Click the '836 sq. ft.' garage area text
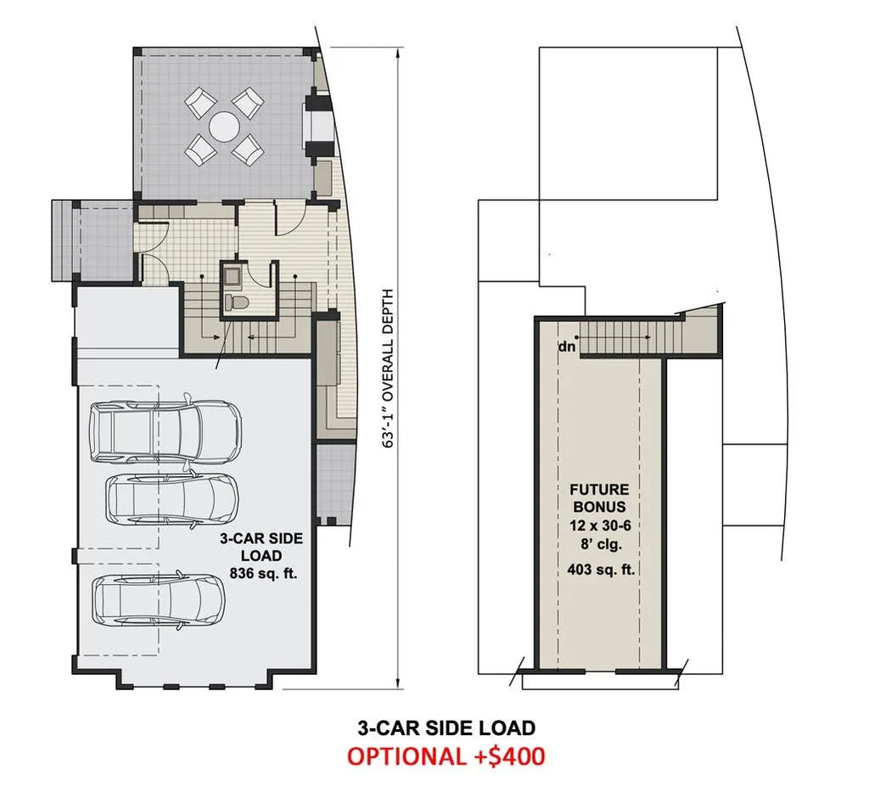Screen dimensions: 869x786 [x=263, y=573]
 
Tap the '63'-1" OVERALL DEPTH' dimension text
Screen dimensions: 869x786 [x=389, y=368]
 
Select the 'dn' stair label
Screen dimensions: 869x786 [x=567, y=347]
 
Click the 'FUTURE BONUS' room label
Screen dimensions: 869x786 [x=600, y=497]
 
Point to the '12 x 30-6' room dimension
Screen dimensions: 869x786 [x=600, y=525]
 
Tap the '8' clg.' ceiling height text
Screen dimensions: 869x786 [x=602, y=544]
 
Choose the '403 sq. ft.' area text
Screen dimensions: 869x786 [x=601, y=569]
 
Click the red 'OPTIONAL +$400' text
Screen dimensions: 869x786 [x=446, y=756]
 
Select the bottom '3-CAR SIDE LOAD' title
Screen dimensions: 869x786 [x=446, y=727]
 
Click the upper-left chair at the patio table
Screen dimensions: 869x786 [x=200, y=103]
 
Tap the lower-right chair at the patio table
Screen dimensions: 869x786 [x=248, y=149]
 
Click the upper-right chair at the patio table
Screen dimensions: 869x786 [x=248, y=103]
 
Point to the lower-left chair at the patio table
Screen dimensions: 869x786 [x=200, y=150]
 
